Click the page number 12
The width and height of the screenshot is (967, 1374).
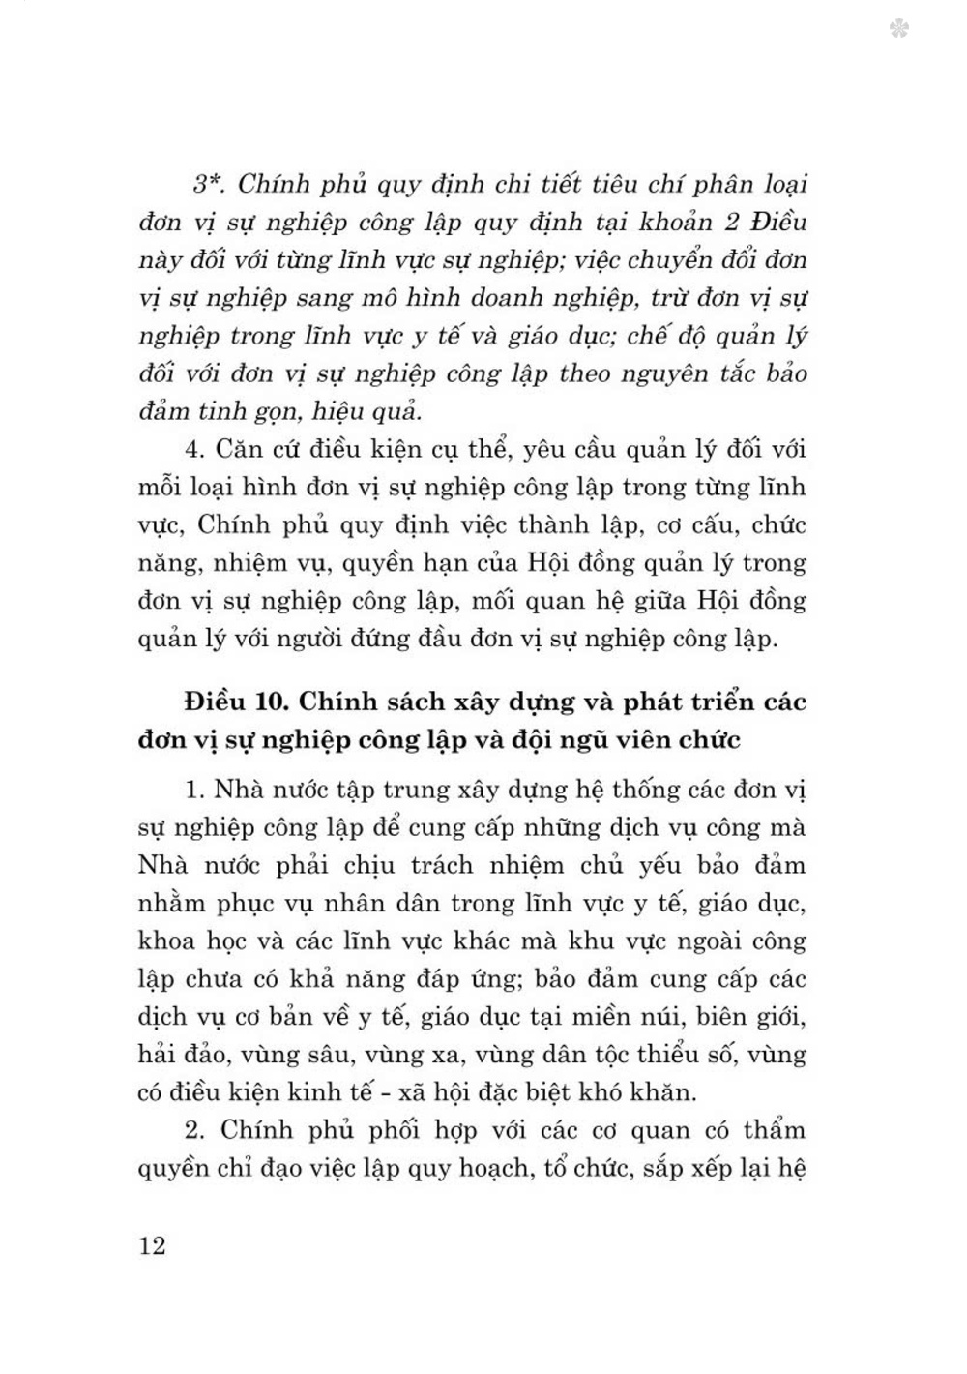(153, 1244)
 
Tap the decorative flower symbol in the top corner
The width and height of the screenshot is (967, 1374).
(899, 30)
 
